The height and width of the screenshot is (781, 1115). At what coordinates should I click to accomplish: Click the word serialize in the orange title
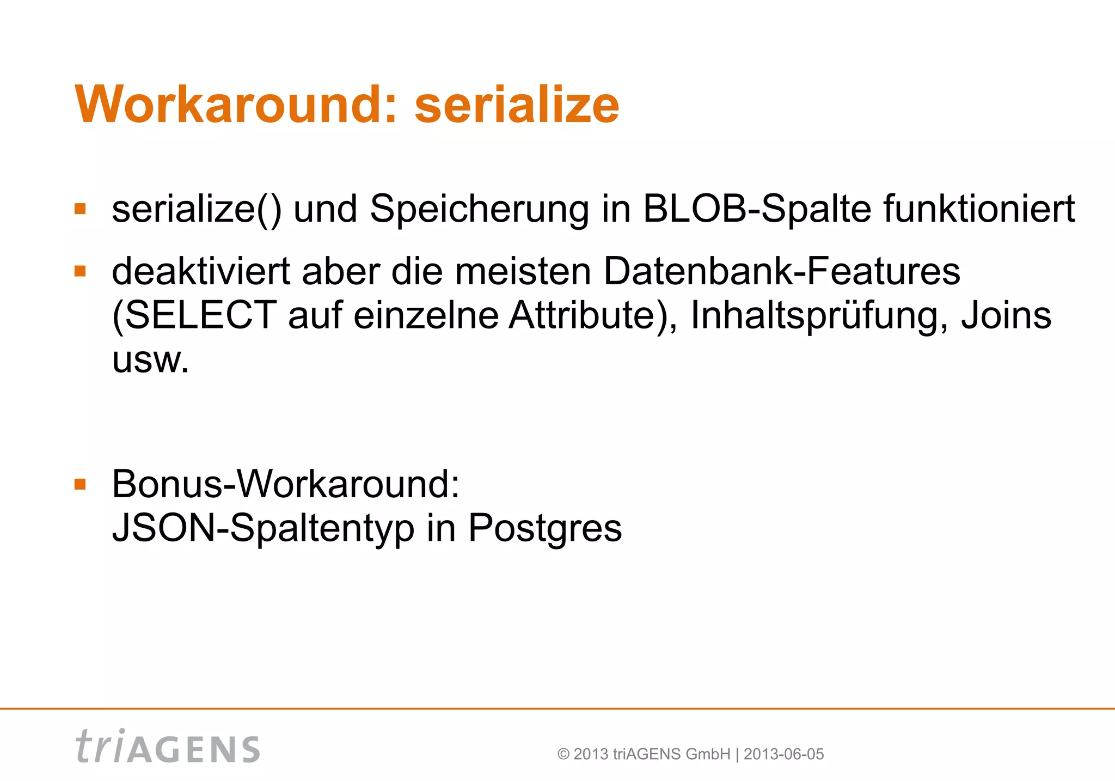point(517,105)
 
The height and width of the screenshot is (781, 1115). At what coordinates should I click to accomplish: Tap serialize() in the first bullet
point(197,210)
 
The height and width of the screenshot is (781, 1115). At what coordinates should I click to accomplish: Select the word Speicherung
point(479,210)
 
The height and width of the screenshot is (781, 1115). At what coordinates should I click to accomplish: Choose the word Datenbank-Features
point(782,271)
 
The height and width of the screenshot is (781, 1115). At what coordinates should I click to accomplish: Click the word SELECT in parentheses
point(198,315)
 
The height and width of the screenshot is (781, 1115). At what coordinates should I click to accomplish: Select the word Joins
point(1006,315)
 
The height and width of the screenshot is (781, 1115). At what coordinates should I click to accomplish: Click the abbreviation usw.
point(150,360)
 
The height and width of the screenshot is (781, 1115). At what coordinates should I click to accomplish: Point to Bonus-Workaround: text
point(286,484)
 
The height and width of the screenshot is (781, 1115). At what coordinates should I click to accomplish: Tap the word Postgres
point(544,529)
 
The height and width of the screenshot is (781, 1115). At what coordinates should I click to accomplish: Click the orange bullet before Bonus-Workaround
point(81,484)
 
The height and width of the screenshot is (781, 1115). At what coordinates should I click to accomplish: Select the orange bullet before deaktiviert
point(81,271)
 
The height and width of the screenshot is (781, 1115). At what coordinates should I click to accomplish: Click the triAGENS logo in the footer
point(168,747)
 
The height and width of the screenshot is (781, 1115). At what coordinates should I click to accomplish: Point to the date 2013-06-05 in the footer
point(783,754)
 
